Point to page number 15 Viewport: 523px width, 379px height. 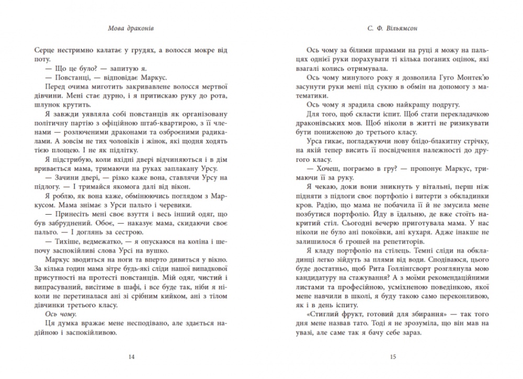pyautogui.click(x=393, y=357)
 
